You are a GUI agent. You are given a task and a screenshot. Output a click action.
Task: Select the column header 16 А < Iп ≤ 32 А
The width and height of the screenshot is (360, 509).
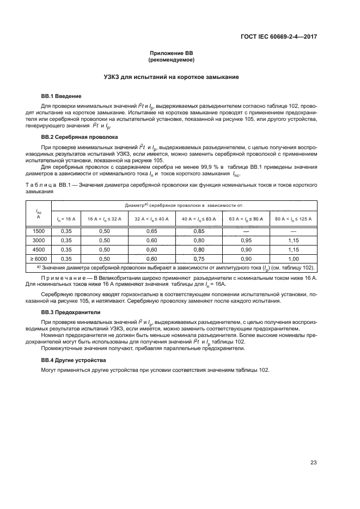pos(105,218)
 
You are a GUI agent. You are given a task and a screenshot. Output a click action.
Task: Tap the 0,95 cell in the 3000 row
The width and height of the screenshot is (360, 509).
pos(246,240)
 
